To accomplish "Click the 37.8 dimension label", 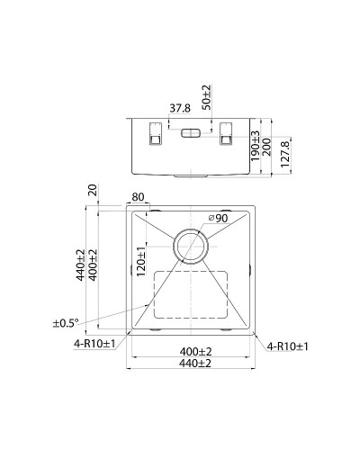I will coord(180,108).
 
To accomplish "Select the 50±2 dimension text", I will coord(206,97).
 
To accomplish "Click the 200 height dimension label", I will coord(267,145).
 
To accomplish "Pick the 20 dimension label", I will coord(93,192).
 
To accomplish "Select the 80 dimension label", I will coord(138,198).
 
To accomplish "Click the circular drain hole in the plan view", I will coord(190,244).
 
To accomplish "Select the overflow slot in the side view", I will coord(192,133).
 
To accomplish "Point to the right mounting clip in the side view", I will coord(227,135).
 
